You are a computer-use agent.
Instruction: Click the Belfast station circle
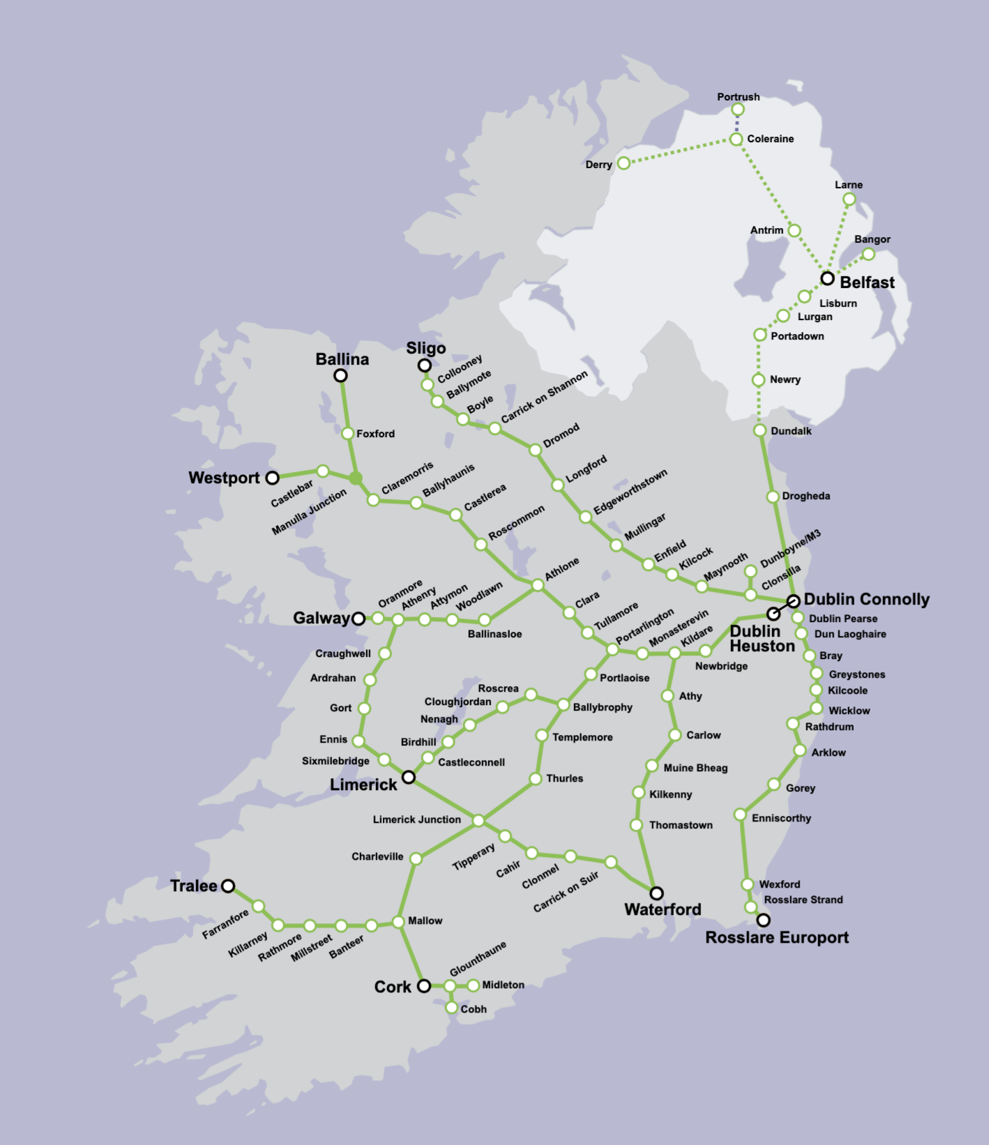coord(827,278)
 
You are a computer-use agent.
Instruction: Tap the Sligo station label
coord(426,348)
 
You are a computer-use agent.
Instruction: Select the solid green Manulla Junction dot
coord(356,478)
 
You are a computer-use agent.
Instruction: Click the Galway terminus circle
coord(358,619)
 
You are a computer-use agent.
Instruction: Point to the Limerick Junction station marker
coord(478,821)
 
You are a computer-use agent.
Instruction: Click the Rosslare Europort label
coord(777,938)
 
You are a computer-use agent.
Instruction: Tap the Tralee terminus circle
coord(228,886)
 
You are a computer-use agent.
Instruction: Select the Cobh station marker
coord(451,1008)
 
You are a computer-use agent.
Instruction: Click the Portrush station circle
coord(738,109)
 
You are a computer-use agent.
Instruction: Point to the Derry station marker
coord(624,163)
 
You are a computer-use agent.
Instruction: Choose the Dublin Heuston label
coord(762,639)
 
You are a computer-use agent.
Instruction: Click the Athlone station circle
coord(538,585)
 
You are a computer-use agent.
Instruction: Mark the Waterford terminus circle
coord(657,893)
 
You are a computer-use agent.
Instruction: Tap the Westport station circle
coord(273,478)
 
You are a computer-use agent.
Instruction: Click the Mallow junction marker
coord(398,922)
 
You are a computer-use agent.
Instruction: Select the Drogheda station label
coord(806,496)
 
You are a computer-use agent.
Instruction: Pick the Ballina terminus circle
coord(340,376)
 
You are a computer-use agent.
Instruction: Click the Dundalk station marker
coord(760,430)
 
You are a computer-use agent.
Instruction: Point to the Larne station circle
coord(849,199)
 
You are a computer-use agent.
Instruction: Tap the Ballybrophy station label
coord(603,707)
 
